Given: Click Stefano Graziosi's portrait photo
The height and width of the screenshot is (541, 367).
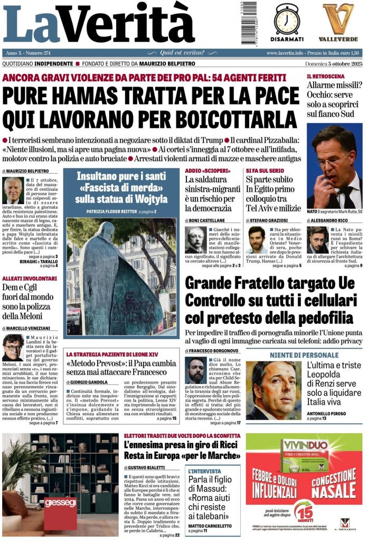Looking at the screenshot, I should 257,240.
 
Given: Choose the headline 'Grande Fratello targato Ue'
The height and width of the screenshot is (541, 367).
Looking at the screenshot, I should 269,283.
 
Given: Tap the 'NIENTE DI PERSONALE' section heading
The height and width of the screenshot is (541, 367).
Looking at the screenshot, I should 304,355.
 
